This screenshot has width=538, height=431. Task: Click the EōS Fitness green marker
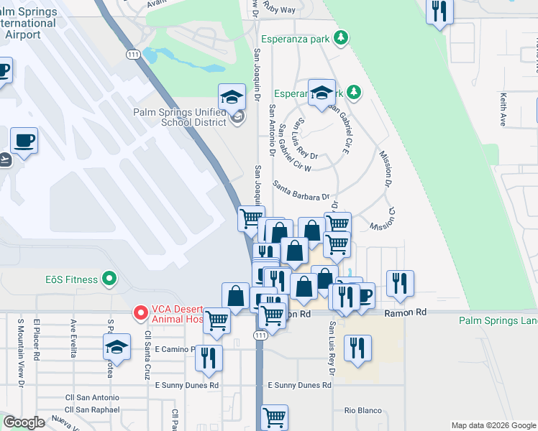click(109, 277)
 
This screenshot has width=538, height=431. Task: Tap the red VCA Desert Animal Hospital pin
click(141, 312)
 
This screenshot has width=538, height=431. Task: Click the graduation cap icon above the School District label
click(232, 97)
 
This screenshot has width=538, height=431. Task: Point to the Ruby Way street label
click(279, 10)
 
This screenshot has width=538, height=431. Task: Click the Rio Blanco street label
click(363, 410)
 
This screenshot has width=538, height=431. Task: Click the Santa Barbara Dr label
click(301, 190)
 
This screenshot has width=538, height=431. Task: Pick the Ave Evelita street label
click(73, 336)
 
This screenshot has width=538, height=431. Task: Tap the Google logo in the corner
click(24, 422)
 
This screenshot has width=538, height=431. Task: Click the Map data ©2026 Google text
click(493, 425)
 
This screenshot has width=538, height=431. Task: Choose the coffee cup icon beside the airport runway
click(24, 140)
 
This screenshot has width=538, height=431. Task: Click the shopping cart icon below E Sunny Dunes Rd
click(274, 417)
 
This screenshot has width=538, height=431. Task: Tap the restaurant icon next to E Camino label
click(209, 357)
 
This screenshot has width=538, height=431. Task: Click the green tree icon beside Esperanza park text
click(344, 37)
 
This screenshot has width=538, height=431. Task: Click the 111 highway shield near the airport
click(133, 55)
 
